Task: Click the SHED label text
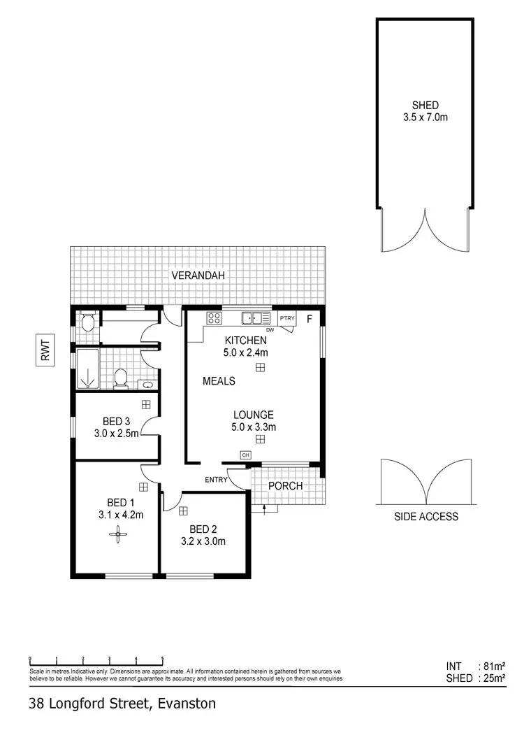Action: (425, 106)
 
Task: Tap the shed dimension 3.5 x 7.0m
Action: (425, 117)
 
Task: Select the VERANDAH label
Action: (198, 276)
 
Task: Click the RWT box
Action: (45, 349)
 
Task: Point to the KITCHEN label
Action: (245, 341)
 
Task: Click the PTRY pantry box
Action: (287, 319)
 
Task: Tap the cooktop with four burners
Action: (214, 319)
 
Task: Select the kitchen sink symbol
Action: (252, 319)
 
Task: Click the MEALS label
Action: (219, 381)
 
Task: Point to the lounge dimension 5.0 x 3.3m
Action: (254, 427)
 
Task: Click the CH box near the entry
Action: (245, 455)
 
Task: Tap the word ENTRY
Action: (217, 480)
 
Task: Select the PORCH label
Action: (286, 486)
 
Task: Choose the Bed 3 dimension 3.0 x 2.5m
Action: (116, 433)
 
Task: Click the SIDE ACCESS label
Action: (426, 517)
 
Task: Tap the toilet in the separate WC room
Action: (87, 323)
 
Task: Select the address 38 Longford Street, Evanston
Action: (123, 704)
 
